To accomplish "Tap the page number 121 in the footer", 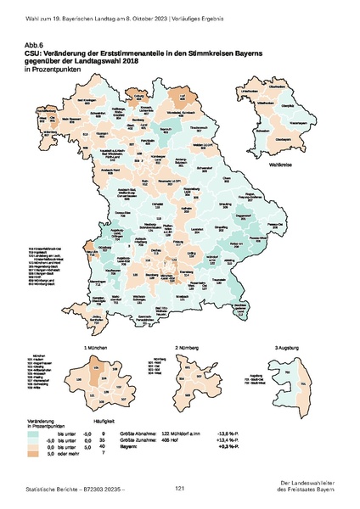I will click(180, 489).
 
